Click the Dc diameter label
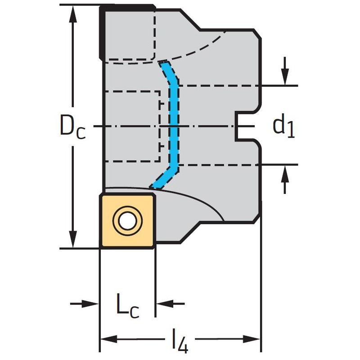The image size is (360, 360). (72, 126)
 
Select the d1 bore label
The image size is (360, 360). (283, 126)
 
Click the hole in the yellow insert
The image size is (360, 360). (128, 220)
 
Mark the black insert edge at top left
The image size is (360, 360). (102, 31)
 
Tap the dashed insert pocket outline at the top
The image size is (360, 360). (130, 36)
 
